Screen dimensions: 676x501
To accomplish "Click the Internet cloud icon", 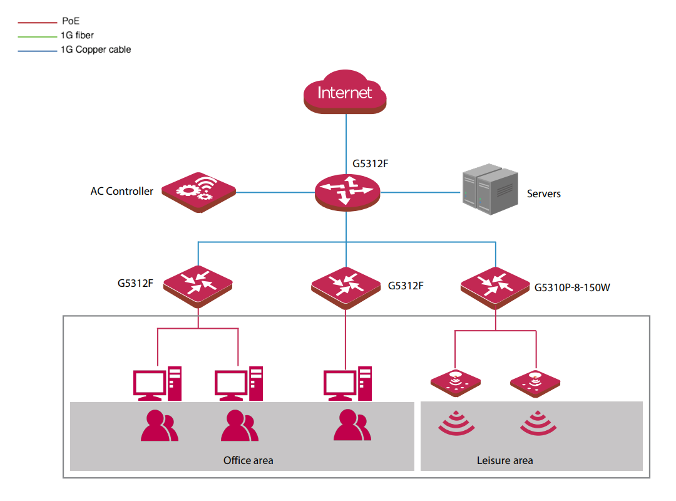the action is coord(345,92).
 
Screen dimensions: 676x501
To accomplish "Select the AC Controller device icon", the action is coord(199,192).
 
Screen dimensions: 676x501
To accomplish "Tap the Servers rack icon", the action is coord(489,189).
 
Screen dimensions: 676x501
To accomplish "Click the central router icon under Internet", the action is coord(347,192).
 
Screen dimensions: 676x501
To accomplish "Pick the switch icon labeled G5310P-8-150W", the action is coord(495,287).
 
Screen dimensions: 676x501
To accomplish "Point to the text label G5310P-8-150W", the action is coord(572,287).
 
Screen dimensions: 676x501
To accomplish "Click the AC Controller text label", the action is coord(121,191).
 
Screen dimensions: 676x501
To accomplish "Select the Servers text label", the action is coord(544,194).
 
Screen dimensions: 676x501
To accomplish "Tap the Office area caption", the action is coord(248,460).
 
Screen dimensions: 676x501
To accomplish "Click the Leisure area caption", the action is coord(505,460).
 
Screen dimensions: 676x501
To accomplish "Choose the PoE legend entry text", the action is coord(71,21).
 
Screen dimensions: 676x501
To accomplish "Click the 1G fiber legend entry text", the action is coord(77,36).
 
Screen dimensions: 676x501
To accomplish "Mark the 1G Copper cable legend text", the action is coord(96,49).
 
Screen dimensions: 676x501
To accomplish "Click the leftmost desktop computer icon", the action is coord(157,384).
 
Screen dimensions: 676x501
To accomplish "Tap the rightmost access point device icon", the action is coord(535,383).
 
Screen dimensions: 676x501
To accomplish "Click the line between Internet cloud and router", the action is coord(346,144).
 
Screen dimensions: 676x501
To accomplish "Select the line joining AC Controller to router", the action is coord(275,192).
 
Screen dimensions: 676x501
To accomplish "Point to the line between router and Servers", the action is coord(421,192).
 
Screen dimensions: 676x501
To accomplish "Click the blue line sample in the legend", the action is coord(38,51).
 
